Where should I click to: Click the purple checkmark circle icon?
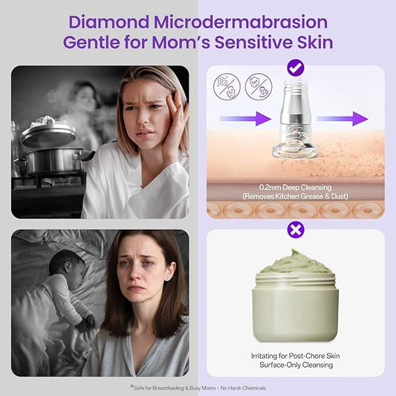click(x=295, y=68)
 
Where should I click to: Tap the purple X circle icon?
click(x=295, y=230)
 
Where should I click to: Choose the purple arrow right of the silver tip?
click(x=349, y=118)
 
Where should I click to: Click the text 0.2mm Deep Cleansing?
click(x=295, y=187)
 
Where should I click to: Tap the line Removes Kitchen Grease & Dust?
click(x=295, y=197)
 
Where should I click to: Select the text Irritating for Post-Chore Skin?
click(x=295, y=355)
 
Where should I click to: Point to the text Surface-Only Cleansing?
click(x=295, y=366)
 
